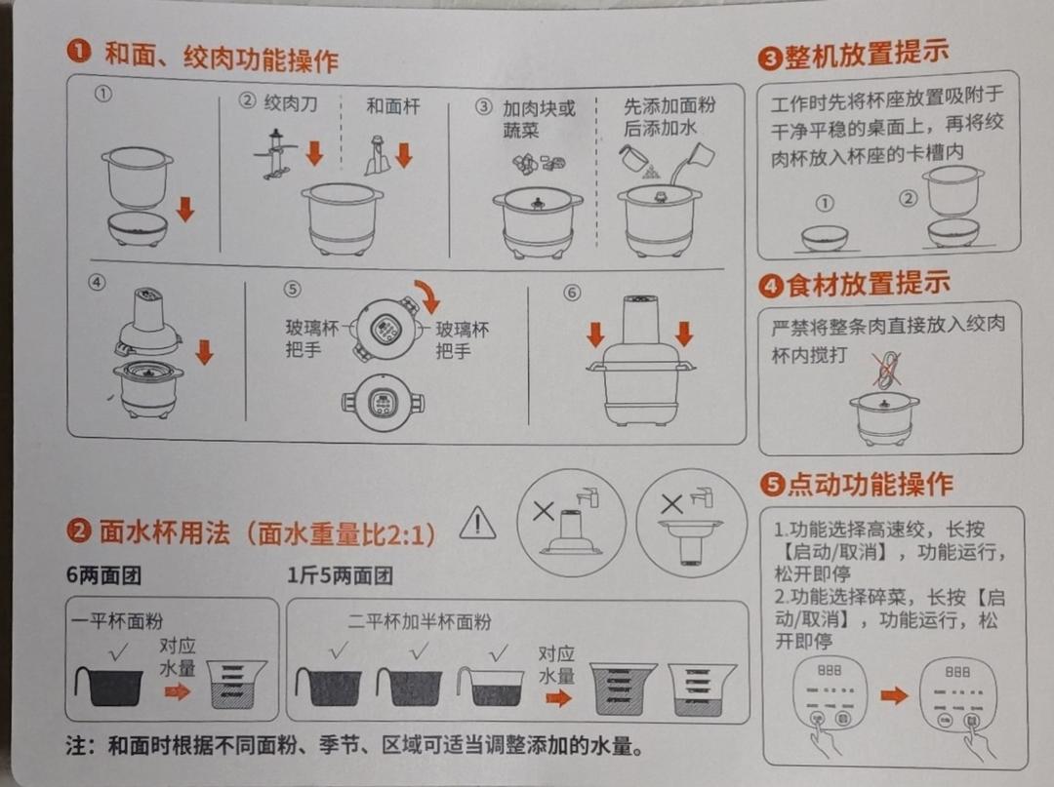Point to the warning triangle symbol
click(x=477, y=525)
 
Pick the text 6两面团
click(x=103, y=575)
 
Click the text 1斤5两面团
click(x=340, y=575)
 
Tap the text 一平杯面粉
click(x=117, y=620)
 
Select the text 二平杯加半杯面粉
click(x=420, y=621)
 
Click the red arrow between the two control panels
click(x=894, y=696)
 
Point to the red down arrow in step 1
click(x=185, y=209)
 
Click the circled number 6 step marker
click(x=572, y=293)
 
